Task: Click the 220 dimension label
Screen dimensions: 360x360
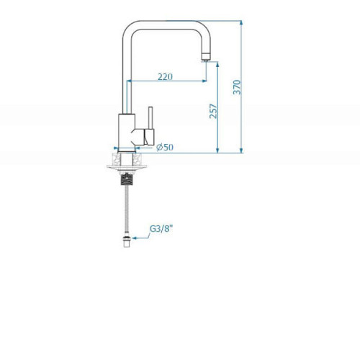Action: click(x=165, y=76)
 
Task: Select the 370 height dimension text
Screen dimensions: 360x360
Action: click(x=237, y=87)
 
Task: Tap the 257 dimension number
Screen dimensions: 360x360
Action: click(x=213, y=111)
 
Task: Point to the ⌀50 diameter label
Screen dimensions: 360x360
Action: click(x=165, y=147)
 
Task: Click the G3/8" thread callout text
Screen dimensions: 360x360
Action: click(x=161, y=229)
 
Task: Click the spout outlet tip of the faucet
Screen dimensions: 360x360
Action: click(x=206, y=57)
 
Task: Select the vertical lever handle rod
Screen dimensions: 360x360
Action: click(x=151, y=118)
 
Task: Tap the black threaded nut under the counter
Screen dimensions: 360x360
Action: click(x=127, y=179)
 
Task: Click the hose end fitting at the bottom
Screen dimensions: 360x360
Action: click(x=127, y=241)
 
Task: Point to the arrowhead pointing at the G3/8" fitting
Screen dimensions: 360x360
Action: click(x=134, y=238)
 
